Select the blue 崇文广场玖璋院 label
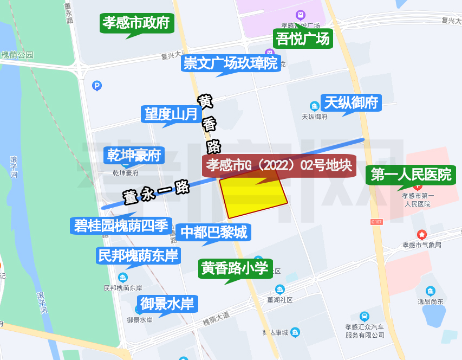point(231,63)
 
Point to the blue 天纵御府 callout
point(351,102)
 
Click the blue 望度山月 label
point(171,114)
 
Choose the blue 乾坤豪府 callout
point(134,156)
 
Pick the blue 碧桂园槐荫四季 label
point(121,226)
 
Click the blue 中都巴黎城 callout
point(213,233)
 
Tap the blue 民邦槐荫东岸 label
point(138,255)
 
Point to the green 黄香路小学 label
point(235,268)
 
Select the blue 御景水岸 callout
point(167,304)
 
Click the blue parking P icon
point(97,86)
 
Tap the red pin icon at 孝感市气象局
point(421,234)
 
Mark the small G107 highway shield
point(376,222)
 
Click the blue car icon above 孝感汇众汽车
point(365,316)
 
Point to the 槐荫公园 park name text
point(17,55)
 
